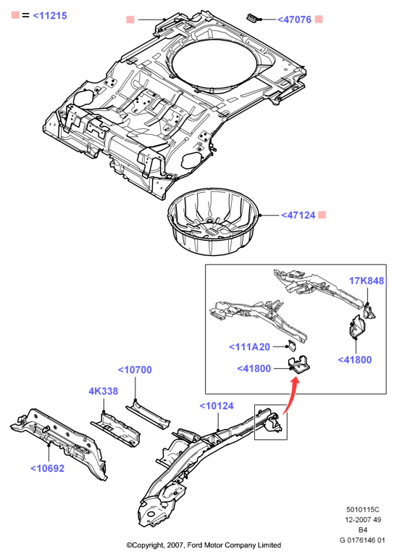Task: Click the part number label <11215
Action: click(x=49, y=16)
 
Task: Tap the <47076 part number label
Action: click(x=294, y=20)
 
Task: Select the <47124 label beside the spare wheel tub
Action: click(x=298, y=215)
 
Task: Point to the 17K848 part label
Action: click(x=367, y=281)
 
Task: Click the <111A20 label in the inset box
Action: click(x=249, y=347)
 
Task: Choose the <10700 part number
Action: click(x=135, y=370)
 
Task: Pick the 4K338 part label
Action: click(x=104, y=391)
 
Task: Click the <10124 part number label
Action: click(x=217, y=406)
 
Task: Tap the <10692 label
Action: click(x=47, y=468)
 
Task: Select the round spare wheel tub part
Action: click(x=212, y=221)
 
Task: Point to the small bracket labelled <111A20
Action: click(x=292, y=346)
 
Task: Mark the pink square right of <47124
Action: click(x=322, y=215)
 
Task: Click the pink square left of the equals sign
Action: click(x=15, y=15)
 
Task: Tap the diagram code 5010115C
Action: click(x=363, y=510)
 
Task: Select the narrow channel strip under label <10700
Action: click(x=148, y=416)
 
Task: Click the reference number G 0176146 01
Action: click(x=362, y=540)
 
